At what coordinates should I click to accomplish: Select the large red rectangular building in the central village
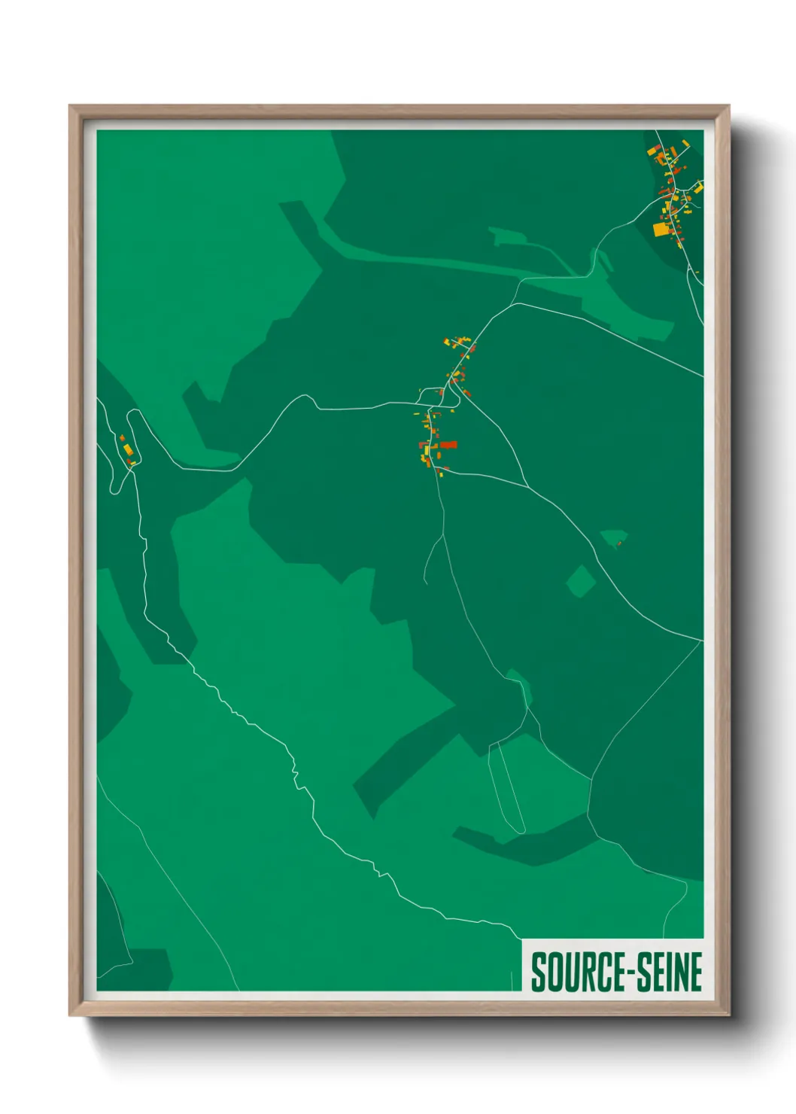click(448, 445)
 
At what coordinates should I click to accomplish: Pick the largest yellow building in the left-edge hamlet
click(128, 449)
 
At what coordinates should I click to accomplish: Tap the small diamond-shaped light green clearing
click(580, 581)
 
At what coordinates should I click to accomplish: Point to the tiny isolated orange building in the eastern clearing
click(618, 543)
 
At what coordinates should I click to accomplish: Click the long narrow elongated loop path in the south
click(506, 787)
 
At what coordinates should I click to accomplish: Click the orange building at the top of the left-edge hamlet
click(122, 437)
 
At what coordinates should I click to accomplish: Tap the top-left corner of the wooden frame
click(71, 107)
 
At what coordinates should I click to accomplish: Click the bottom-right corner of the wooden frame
click(728, 1014)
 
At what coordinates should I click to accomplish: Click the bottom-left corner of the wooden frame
click(71, 1014)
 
